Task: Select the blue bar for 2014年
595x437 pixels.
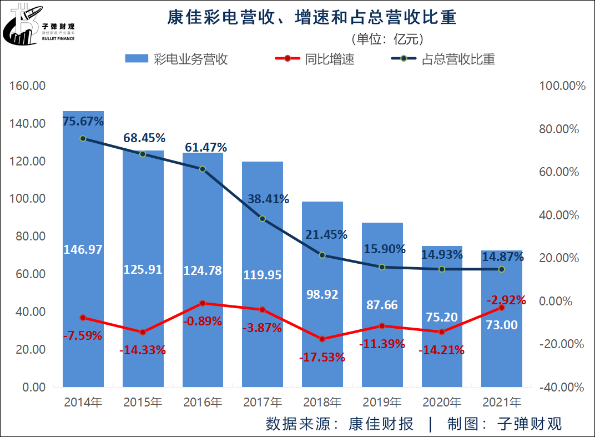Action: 83,289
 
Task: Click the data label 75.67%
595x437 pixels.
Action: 83,121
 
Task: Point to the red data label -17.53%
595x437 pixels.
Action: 322,358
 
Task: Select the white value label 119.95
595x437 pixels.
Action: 263,274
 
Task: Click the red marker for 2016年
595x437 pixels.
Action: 203,303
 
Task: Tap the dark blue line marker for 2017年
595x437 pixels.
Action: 263,218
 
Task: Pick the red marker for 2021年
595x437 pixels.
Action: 502,307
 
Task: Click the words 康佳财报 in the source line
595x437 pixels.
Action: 381,424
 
